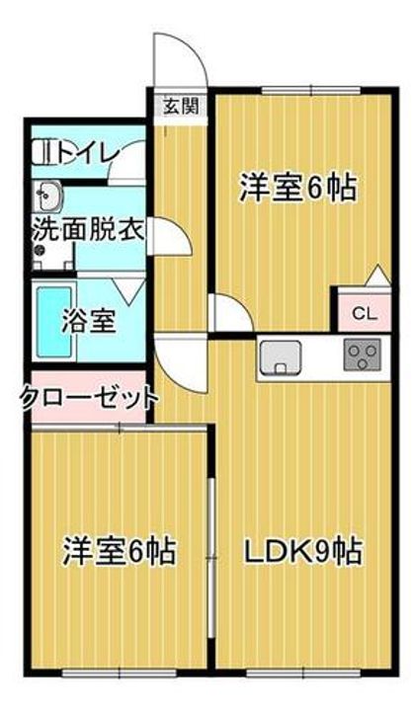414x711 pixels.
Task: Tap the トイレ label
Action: [88, 153]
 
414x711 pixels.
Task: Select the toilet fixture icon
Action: [43, 153]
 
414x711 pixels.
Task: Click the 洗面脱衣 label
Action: [89, 230]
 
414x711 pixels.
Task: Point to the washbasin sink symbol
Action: [49, 197]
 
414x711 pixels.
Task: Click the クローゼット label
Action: [89, 399]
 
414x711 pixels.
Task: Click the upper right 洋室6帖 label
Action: [297, 188]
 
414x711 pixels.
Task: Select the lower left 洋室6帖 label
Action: [120, 550]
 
